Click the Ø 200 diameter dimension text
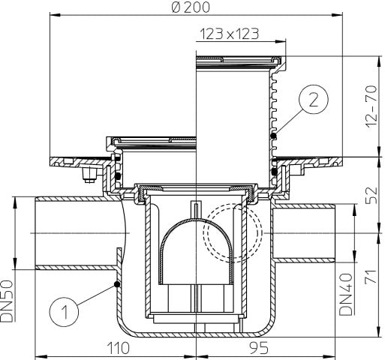tap(191, 7)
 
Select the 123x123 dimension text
tap(229, 34)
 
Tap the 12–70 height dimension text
tap(371, 106)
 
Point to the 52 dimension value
tap(371, 195)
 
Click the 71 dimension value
tap(371, 277)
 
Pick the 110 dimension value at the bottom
tap(119, 348)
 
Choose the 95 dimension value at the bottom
tap(259, 348)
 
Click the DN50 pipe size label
tap(7, 301)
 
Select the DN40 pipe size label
tap(346, 294)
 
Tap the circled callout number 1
tap(64, 312)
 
